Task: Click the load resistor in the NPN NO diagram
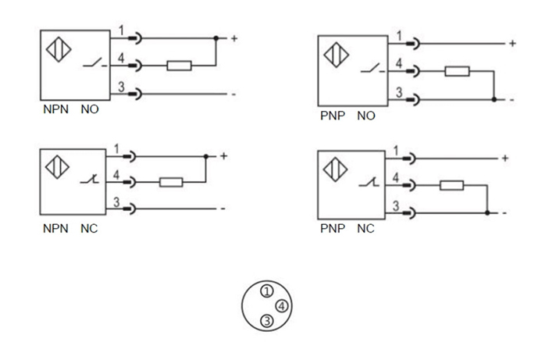[x=178, y=66]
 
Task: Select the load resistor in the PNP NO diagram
[x=456, y=72]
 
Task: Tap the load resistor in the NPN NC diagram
[x=170, y=183]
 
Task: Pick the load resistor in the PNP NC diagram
[x=451, y=186]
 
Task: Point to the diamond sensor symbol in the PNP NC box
[x=337, y=168]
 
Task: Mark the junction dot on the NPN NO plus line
[x=216, y=37]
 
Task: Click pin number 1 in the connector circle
[x=266, y=291]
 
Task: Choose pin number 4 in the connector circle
[x=281, y=305]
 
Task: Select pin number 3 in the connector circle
[x=266, y=319]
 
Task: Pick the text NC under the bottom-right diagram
[x=365, y=230]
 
